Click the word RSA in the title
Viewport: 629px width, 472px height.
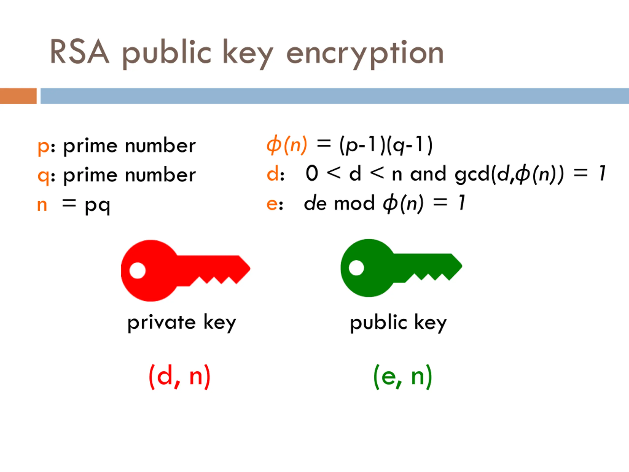[x=79, y=52]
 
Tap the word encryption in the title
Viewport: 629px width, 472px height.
[x=365, y=54]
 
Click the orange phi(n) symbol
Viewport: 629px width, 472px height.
[x=287, y=145]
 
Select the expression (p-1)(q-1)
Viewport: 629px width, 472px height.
[x=386, y=145]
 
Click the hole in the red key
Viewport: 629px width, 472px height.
[x=138, y=270]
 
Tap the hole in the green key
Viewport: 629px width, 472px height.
[x=356, y=268]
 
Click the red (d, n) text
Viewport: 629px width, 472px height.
[x=180, y=377]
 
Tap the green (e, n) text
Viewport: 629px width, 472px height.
[x=403, y=377]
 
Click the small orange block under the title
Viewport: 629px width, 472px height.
[x=18, y=96]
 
